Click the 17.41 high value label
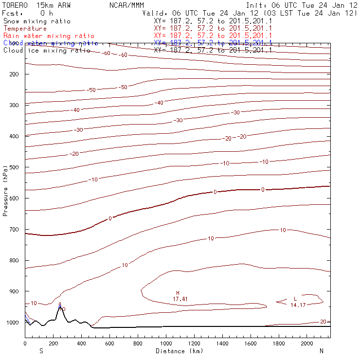coord(180,298)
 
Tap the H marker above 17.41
coord(178,293)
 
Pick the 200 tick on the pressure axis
coord(14,74)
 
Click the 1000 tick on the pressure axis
coord(12,323)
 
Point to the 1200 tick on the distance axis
coord(195,343)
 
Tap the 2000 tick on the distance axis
coord(307,343)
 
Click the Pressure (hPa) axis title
coord(5,190)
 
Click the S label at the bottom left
coord(41,351)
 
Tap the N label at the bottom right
coord(322,351)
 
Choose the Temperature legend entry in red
coord(25,29)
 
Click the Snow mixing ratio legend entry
coord(36,21)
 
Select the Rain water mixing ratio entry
coord(48,36)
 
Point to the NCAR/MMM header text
coord(127,4)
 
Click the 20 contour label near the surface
coord(323,322)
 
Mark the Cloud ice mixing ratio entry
coord(46,50)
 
